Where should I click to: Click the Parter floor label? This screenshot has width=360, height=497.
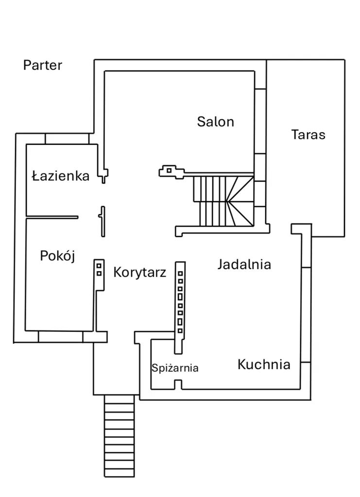point(43,65)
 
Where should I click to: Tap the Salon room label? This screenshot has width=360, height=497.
point(215,121)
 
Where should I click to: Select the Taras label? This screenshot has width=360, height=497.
point(308,135)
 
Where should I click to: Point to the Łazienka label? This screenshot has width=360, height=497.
point(61,176)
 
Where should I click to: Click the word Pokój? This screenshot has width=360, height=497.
point(57,256)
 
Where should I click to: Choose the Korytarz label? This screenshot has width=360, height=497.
point(139,272)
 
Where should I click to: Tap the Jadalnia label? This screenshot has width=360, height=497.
point(244,265)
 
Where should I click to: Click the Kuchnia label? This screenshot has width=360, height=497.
point(264,364)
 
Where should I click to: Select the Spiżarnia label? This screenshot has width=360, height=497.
point(175,368)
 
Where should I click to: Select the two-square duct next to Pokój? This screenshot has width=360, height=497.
point(99,269)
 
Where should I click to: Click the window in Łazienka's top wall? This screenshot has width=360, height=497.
point(68,138)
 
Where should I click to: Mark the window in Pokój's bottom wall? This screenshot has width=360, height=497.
point(60,337)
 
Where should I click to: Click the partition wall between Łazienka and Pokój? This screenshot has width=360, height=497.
point(51,217)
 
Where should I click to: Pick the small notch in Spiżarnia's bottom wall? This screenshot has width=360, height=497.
point(178,385)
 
